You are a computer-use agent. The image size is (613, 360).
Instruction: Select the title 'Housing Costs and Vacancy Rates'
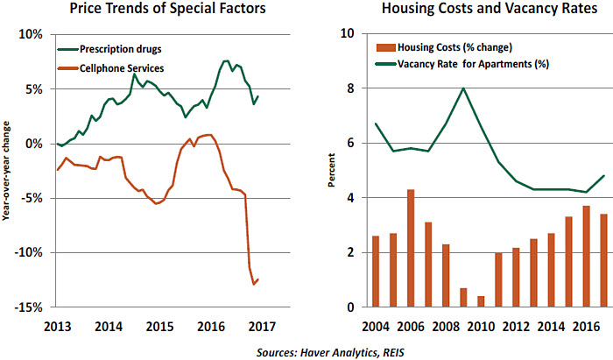pyautogui.click(x=472, y=11)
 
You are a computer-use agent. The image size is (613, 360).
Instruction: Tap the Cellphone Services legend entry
pyautogui.click(x=127, y=67)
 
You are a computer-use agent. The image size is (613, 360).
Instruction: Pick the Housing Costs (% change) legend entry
pyautogui.click(x=454, y=46)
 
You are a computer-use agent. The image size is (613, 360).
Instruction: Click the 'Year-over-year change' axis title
pyautogui.click(x=8, y=171)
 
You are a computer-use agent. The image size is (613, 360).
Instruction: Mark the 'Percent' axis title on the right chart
pyautogui.click(x=332, y=171)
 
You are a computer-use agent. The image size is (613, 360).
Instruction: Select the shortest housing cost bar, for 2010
pyautogui.click(x=481, y=301)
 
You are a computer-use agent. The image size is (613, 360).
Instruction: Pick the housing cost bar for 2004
pyautogui.click(x=376, y=272)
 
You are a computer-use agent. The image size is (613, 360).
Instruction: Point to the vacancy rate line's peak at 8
pyautogui.click(x=463, y=88)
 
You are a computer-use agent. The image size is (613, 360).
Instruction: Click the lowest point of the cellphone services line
pyautogui.click(x=254, y=284)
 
